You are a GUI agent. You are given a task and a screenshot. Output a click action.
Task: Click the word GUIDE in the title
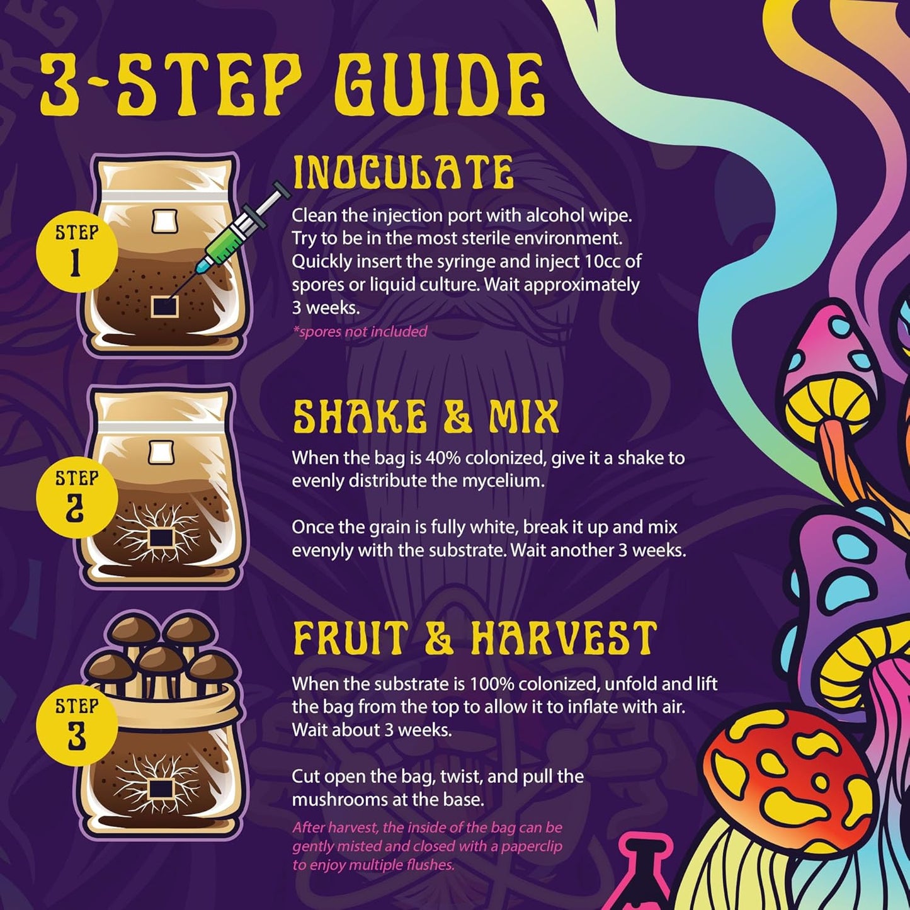tap(439, 85)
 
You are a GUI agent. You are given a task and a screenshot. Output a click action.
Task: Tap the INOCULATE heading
tap(403, 173)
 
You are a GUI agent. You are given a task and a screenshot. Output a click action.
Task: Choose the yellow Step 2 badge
tap(76, 498)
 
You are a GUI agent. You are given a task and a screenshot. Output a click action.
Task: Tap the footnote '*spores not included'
tap(360, 331)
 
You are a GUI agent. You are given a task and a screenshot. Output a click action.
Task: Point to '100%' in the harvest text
tap(492, 684)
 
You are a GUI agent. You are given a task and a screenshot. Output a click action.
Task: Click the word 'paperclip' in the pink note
tap(528, 846)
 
